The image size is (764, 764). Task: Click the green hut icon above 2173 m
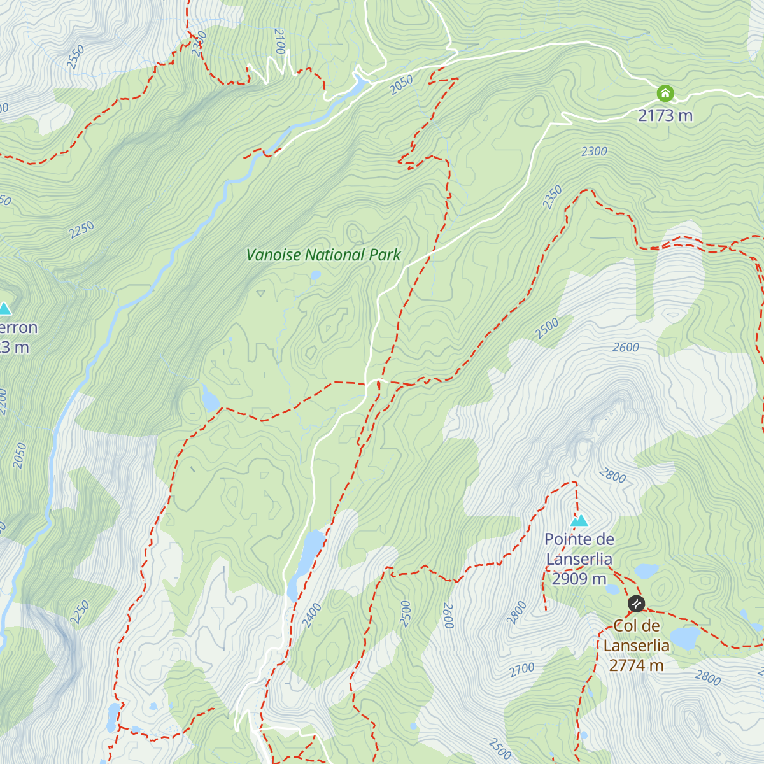(665, 94)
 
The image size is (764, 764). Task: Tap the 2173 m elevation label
(665, 115)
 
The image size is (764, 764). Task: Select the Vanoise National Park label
(323, 255)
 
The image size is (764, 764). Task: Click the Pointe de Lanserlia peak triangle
(579, 521)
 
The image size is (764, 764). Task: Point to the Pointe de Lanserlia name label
(579, 549)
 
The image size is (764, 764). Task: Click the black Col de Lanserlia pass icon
(636, 603)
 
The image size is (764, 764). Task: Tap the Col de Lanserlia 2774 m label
(636, 646)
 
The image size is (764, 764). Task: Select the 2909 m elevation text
(579, 579)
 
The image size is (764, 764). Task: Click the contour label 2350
(553, 197)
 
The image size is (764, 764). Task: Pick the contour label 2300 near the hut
(594, 152)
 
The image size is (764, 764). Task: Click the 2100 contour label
(279, 41)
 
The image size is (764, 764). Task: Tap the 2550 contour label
(75, 57)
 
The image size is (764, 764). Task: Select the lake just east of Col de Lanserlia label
(685, 637)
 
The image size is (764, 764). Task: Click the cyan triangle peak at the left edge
(5, 309)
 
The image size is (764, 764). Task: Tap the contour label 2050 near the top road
(402, 85)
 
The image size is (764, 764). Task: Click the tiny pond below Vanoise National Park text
(315, 276)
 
